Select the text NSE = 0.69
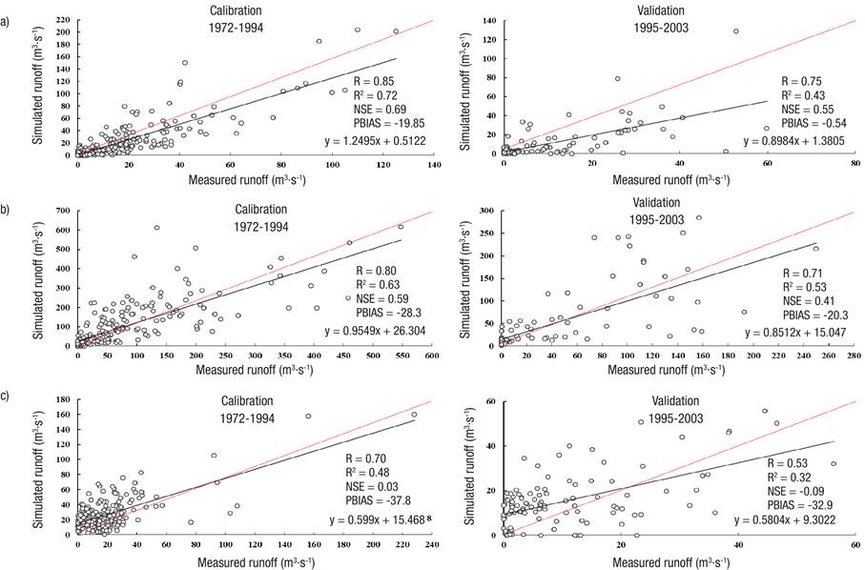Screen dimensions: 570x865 (380, 108)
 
